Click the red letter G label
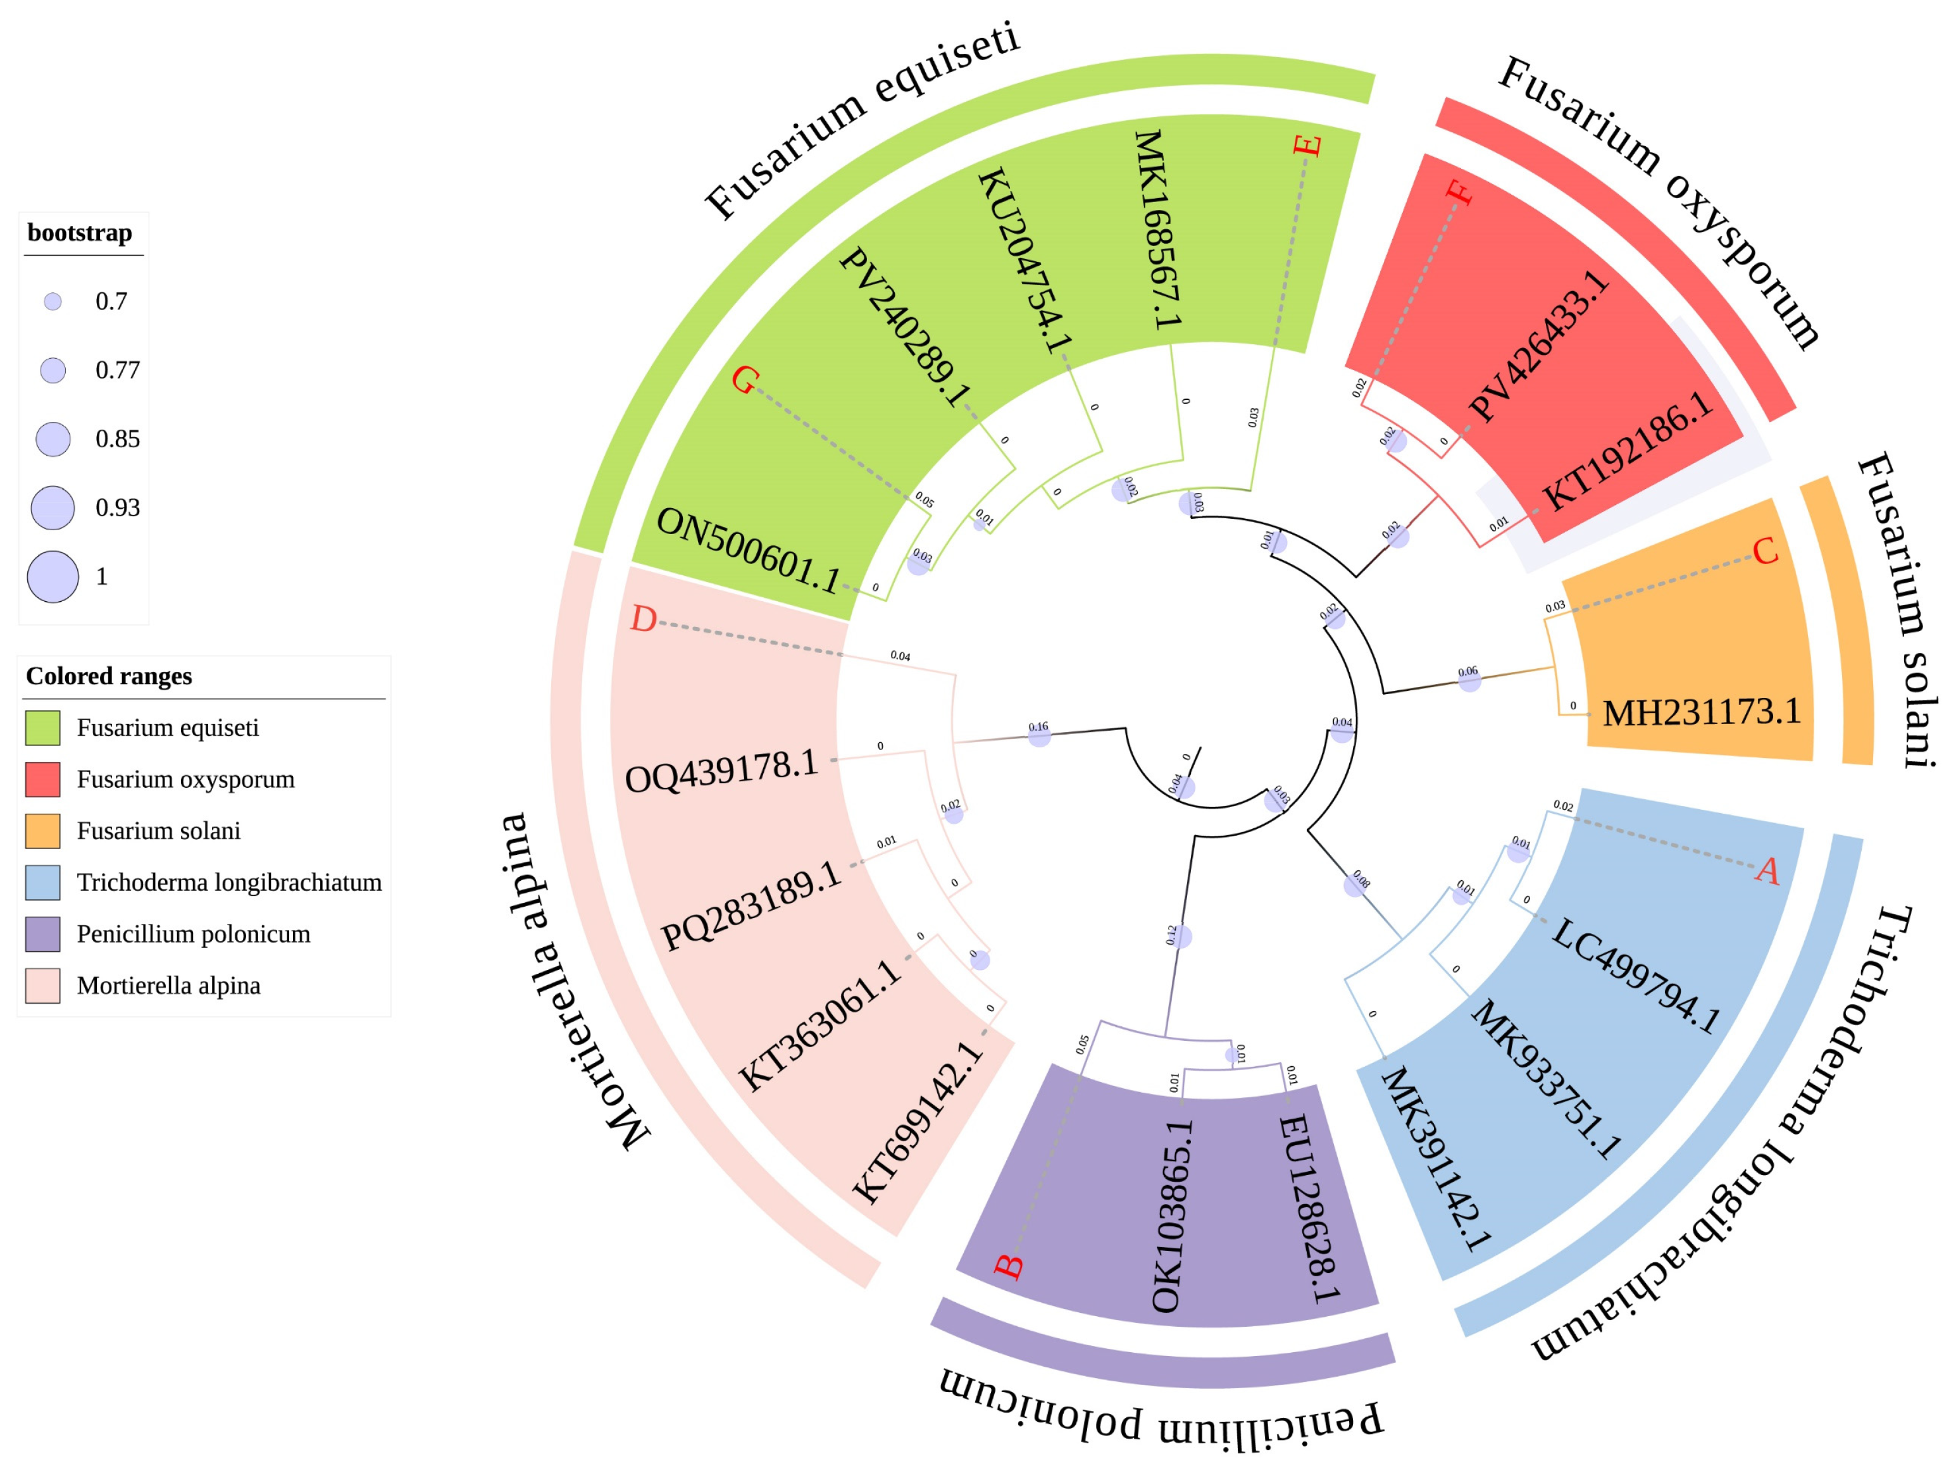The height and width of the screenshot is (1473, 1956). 745,381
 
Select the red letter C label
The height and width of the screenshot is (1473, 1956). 1765,552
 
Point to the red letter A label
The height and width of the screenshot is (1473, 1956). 1767,871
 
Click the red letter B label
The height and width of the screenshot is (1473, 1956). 1009,1266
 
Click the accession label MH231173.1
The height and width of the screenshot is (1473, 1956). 1702,712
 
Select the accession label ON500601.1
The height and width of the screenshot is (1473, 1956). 748,551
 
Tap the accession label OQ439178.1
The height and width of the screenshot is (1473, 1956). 721,772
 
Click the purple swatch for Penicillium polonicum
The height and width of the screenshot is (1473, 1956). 42,934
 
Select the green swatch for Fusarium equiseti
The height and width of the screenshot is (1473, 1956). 42,728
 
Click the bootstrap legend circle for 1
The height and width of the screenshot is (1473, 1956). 53,576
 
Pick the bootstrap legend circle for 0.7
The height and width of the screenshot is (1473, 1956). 53,301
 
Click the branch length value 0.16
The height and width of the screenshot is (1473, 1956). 1038,727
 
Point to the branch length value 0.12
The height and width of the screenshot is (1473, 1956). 1172,935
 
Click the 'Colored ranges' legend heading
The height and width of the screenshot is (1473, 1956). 109,676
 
